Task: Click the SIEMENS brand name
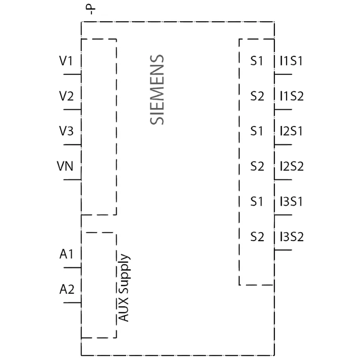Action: click(157, 90)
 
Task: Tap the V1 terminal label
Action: click(66, 61)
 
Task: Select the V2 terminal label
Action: click(66, 96)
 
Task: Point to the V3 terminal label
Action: click(66, 131)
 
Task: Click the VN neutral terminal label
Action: click(65, 166)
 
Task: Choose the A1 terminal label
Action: click(66, 254)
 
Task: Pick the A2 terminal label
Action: click(67, 289)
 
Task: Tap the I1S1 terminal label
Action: click(291, 61)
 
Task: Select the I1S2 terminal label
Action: click(292, 96)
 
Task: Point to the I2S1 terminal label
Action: click(291, 131)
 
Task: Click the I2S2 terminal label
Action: click(292, 166)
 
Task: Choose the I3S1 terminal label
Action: click(291, 201)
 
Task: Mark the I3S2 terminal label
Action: click(292, 237)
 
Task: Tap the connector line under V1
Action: click(72, 74)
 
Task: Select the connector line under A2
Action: click(72, 302)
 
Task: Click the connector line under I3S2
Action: click(283, 250)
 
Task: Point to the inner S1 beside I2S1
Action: click(256, 131)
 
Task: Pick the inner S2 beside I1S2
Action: click(257, 96)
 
